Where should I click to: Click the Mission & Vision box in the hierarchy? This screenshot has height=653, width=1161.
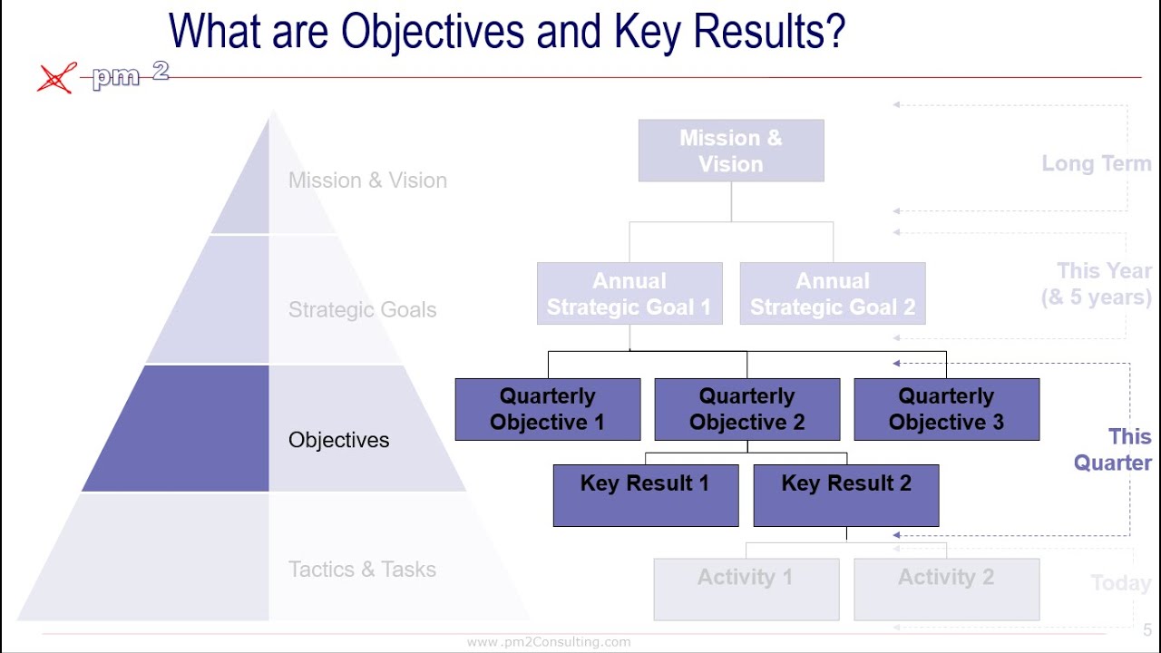[x=731, y=151]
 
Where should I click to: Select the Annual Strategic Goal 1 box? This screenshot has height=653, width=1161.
[x=629, y=294]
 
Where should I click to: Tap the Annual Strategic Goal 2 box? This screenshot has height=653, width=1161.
[x=833, y=294]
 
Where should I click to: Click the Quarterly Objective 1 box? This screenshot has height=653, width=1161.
[x=548, y=409]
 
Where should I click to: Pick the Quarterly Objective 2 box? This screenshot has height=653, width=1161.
[x=747, y=409]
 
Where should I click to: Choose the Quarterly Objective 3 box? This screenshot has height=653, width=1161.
[x=946, y=409]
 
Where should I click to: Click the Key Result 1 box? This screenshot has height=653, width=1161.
[x=646, y=495]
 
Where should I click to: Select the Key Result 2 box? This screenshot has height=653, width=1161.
[x=846, y=495]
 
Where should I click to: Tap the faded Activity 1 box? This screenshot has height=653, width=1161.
[x=746, y=589]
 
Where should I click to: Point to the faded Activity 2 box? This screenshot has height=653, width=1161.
[x=946, y=589]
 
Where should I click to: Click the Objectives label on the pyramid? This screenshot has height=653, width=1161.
[x=338, y=440]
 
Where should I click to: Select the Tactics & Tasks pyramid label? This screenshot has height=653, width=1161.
[x=362, y=570]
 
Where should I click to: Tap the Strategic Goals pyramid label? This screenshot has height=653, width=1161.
[x=362, y=310]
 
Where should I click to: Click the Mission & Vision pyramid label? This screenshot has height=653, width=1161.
[x=367, y=180]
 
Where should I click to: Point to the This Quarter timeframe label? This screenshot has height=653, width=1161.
[x=1113, y=450]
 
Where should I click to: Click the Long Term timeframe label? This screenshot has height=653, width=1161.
[x=1096, y=164]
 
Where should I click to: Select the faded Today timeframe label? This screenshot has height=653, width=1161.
[x=1120, y=583]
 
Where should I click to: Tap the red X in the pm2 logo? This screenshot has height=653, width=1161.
[x=56, y=79]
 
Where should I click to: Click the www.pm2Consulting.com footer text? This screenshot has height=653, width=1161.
[x=549, y=642]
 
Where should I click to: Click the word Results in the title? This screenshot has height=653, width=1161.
[x=766, y=33]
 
